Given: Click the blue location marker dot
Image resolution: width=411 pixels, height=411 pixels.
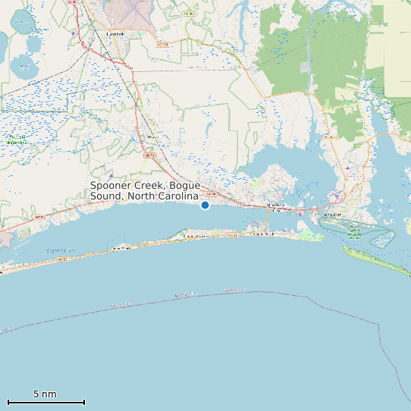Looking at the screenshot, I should (205, 205).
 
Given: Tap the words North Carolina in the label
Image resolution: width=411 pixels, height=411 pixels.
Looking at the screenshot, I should (162, 196).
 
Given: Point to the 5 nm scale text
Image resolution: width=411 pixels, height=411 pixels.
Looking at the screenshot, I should (45, 394).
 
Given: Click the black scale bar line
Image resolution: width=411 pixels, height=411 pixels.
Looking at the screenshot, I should (45, 402).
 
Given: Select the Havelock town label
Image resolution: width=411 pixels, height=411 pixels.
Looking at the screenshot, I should (115, 34).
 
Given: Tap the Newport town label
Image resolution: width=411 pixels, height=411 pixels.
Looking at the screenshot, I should (152, 136).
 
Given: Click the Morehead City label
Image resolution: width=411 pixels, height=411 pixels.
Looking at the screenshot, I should (275, 205).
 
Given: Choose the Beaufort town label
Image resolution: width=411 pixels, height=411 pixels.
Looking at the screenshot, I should (333, 215).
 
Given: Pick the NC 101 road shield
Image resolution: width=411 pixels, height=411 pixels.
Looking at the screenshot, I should (162, 45).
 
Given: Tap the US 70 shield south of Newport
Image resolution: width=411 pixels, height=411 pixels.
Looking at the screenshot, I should (149, 155).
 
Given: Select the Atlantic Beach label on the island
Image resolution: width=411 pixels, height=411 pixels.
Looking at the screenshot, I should (262, 234).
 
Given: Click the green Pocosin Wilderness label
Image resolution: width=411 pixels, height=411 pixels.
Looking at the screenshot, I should (17, 140).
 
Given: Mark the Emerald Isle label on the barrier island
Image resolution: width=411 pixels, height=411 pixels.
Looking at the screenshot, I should (121, 248).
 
